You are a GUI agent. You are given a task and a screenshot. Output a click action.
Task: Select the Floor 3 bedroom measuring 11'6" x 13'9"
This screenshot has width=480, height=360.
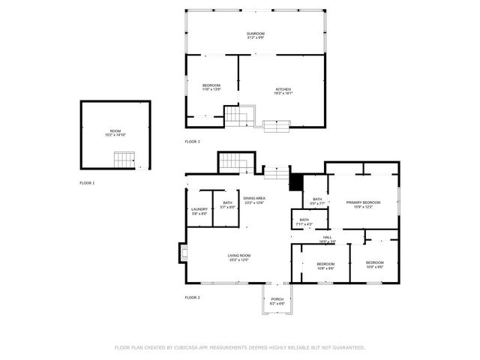point(211,88)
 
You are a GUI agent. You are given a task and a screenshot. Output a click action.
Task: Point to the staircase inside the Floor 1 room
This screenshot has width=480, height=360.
point(124,159)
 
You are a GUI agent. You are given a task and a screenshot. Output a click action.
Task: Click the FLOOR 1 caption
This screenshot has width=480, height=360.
point(88,182)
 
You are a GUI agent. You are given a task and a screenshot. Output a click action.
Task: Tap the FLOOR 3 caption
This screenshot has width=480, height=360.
point(193,141)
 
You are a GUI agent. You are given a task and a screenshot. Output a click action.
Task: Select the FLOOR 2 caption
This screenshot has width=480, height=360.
point(193,298)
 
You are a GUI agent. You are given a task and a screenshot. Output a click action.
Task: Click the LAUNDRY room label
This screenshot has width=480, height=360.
point(199,211)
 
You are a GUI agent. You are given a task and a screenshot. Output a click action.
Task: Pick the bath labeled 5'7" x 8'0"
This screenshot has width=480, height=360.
point(227,205)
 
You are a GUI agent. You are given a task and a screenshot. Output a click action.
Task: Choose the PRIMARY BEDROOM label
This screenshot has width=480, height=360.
point(363,204)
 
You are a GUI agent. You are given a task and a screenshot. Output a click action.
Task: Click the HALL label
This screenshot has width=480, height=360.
point(327,239)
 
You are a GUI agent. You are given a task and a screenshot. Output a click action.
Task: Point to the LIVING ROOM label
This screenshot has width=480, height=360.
point(239,258)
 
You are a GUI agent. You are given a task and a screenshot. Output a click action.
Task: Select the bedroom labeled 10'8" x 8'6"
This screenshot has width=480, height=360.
point(325,265)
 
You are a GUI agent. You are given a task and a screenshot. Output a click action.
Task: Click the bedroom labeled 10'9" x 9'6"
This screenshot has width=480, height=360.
point(374,265)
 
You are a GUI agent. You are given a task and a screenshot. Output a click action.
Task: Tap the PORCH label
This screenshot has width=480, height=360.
point(277,300)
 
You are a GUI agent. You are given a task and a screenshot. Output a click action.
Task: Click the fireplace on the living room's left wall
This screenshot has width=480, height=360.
point(182,253)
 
